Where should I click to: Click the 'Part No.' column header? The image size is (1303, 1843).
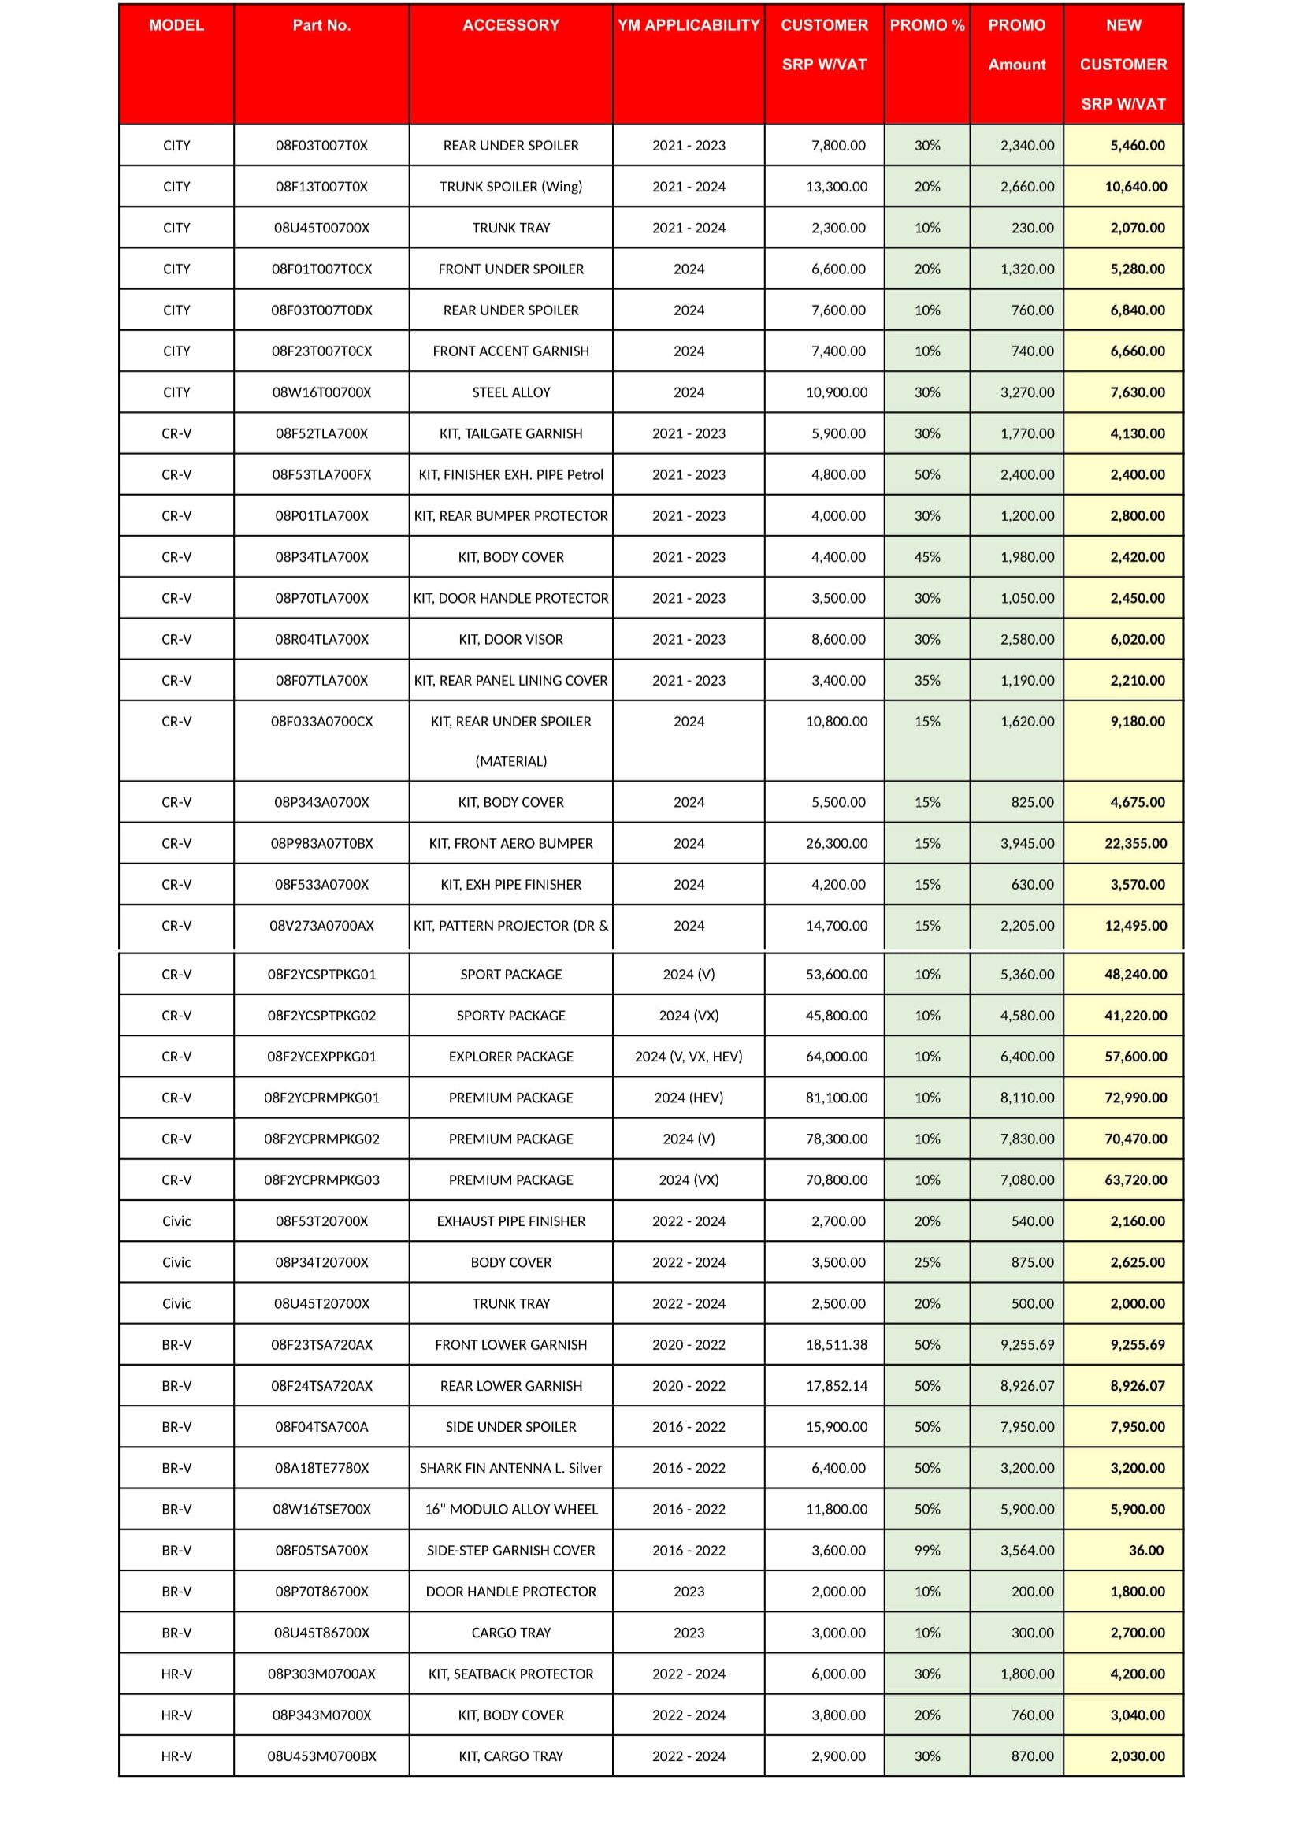click(321, 26)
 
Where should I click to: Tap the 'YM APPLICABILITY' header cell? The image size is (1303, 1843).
click(689, 26)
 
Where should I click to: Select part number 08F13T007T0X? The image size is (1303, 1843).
click(321, 187)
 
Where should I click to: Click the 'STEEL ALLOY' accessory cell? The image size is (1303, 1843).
click(511, 392)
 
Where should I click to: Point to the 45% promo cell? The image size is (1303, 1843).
click(926, 557)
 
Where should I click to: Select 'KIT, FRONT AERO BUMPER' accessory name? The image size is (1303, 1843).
click(511, 844)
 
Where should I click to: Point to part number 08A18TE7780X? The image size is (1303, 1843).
click(321, 1468)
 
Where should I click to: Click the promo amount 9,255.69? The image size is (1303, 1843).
click(1026, 1344)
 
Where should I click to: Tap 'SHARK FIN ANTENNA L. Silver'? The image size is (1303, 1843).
click(511, 1468)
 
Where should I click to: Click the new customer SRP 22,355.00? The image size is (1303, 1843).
click(1135, 844)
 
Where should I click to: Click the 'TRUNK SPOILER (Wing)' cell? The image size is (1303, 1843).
click(511, 187)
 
